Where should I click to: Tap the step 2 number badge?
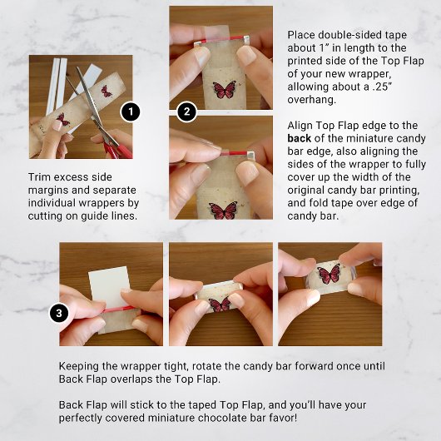187,111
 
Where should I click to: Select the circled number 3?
58,313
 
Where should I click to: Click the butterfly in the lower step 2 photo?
223,209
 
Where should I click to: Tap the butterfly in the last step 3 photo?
327,275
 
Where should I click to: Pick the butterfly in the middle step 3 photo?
220,304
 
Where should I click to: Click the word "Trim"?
41,178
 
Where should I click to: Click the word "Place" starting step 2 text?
303,36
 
